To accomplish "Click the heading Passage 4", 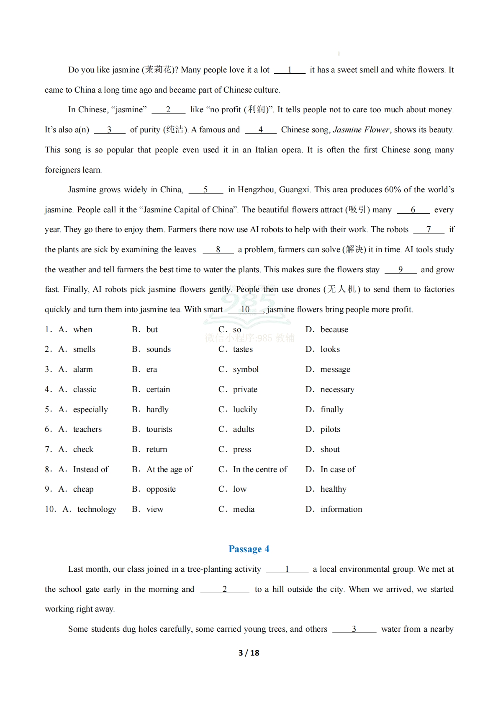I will point(249,549).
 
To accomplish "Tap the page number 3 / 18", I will point(249,653).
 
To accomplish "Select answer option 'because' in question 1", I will point(334,330).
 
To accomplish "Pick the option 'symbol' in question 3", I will point(246,369).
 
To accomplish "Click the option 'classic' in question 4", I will point(85,390).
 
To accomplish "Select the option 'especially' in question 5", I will point(90,410).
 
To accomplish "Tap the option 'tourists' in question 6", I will point(159,429).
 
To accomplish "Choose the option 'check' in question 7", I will point(83,449).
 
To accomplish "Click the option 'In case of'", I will point(338,470).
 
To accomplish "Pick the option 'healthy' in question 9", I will point(333,489).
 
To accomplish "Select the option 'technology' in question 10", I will point(97,509).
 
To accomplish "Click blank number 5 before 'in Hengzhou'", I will point(205,190).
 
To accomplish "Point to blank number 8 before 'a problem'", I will point(218,250).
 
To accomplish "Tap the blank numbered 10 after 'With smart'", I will point(245,310).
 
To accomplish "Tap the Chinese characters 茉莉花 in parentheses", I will point(158,70).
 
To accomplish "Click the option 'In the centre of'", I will point(260,470).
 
